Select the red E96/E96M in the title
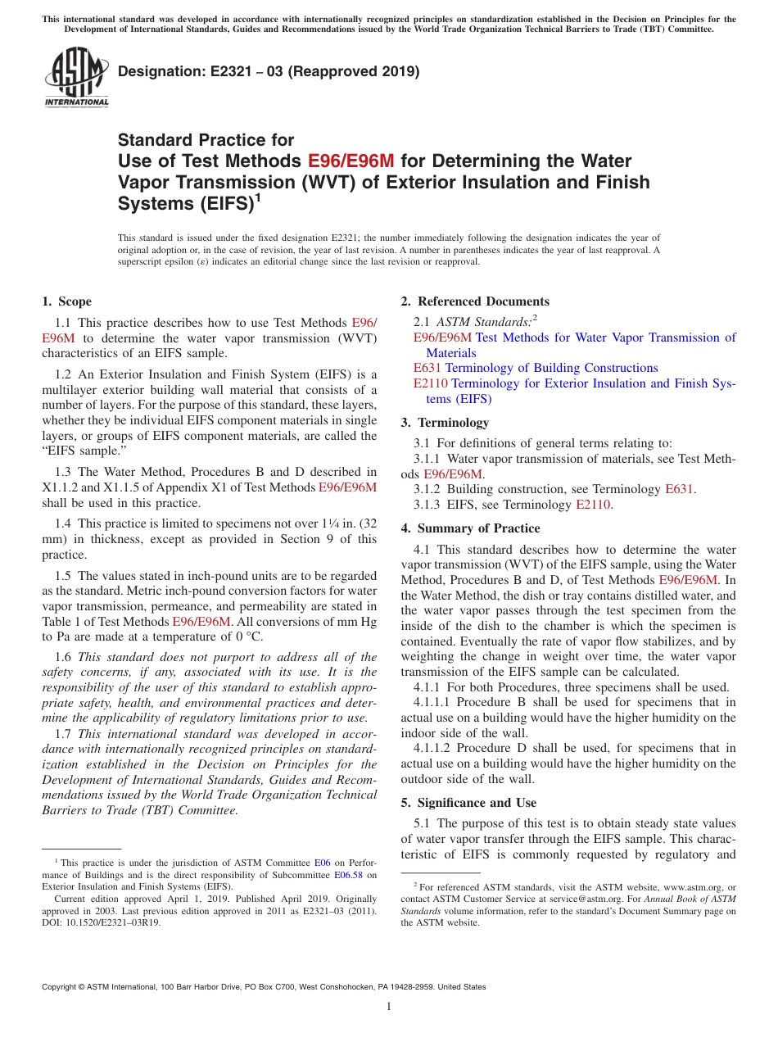click(x=351, y=161)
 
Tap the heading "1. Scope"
click(x=67, y=301)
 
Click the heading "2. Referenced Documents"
click(x=475, y=301)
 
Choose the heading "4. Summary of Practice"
click(x=470, y=528)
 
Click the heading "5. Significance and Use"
click(x=468, y=803)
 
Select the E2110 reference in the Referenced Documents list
click(x=431, y=383)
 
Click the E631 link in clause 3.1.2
click(x=679, y=489)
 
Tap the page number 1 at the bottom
click(x=389, y=1007)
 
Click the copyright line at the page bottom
click(x=264, y=987)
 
